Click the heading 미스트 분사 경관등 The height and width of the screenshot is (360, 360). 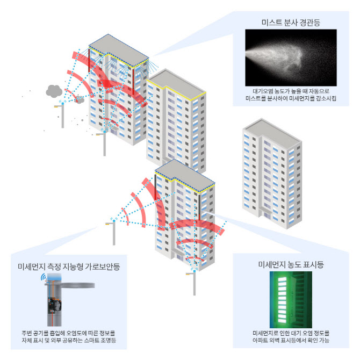click(x=291, y=23)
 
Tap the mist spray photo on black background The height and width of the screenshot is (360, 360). click(x=291, y=57)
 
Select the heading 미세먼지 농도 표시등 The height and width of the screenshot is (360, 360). click(x=291, y=264)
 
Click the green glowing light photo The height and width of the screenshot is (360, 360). click(x=291, y=300)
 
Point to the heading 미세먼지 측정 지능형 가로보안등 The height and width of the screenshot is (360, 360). click(x=69, y=267)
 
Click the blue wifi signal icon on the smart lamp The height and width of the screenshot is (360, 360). click(x=43, y=277)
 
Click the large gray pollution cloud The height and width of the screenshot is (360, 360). click(x=54, y=91)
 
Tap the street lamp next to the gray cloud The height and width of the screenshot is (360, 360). click(x=61, y=114)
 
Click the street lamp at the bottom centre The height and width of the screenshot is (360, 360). click(x=193, y=283)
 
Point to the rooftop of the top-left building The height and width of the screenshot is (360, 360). click(x=118, y=51)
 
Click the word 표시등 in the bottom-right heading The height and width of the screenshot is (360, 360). click(x=313, y=264)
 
